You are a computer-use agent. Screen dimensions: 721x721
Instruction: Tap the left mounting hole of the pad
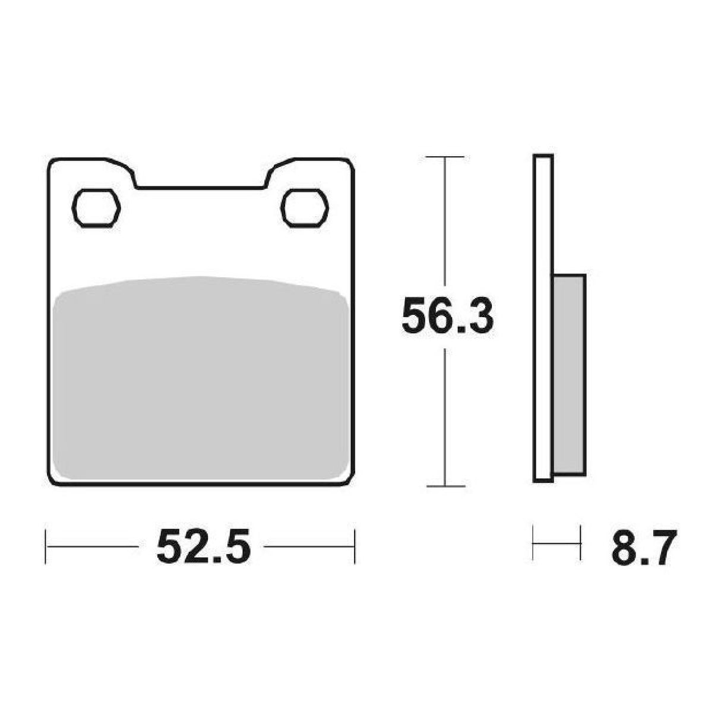[x=96, y=208]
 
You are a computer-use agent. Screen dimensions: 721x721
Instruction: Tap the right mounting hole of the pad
[x=305, y=208]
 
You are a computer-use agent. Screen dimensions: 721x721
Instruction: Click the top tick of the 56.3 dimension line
[x=445, y=157]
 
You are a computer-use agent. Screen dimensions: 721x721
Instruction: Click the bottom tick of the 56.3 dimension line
[x=445, y=486]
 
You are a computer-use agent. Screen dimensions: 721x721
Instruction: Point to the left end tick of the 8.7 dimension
[x=533, y=542]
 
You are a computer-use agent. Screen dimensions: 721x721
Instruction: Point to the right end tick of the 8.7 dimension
[x=580, y=542]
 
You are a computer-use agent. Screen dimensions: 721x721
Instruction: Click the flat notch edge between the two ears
[x=201, y=188]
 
